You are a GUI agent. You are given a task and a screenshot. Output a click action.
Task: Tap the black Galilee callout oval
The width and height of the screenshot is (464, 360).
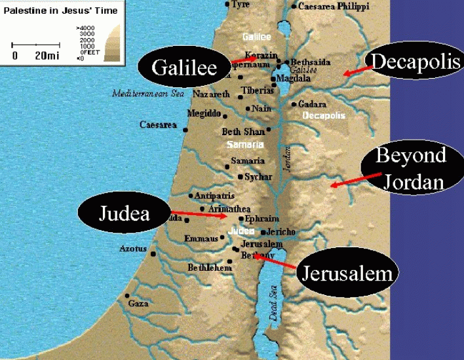(184, 68)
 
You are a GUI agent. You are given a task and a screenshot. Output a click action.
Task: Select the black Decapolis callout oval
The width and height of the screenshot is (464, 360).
(416, 62)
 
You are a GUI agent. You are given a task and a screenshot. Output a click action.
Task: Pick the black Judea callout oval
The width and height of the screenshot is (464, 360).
(125, 213)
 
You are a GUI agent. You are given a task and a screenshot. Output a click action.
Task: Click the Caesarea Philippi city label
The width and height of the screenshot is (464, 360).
(333, 6)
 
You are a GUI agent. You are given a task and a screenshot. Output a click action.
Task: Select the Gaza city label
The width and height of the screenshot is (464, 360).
(138, 304)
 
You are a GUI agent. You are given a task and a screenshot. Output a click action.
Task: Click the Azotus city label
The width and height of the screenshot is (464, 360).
(133, 249)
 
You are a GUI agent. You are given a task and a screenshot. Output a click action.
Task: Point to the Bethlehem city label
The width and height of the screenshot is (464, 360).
(209, 268)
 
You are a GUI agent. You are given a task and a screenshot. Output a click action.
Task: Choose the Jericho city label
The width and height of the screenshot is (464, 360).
(281, 232)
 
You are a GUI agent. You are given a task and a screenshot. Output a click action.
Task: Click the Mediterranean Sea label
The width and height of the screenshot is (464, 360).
(148, 93)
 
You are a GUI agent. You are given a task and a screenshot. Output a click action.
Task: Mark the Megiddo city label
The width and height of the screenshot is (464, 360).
(203, 113)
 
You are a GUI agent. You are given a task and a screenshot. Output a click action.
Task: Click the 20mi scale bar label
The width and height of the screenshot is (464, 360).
(46, 56)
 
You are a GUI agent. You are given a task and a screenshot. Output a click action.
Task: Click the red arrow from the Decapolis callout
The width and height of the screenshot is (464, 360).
(356, 68)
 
